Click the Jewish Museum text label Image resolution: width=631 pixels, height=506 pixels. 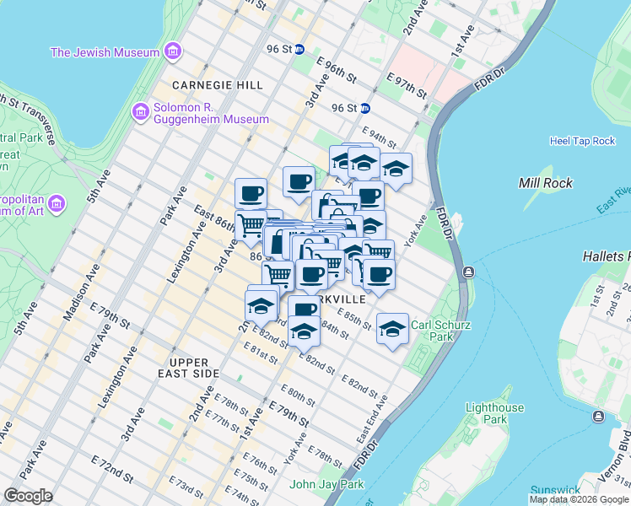click(x=105, y=52)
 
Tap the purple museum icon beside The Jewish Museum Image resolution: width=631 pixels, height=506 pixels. click(x=173, y=52)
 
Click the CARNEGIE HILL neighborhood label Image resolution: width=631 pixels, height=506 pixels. click(x=217, y=85)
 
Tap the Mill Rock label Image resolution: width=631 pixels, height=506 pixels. click(x=547, y=183)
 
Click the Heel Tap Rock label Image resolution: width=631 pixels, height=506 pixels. click(x=582, y=141)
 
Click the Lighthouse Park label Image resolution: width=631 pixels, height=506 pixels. click(x=495, y=413)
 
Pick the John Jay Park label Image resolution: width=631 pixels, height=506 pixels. click(x=326, y=484)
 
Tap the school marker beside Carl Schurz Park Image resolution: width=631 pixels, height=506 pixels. click(x=392, y=329)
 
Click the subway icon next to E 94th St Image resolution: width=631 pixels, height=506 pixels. click(x=365, y=108)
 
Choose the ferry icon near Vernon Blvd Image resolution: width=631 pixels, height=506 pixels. click(x=598, y=417)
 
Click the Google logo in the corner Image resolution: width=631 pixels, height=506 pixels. click(x=28, y=496)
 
